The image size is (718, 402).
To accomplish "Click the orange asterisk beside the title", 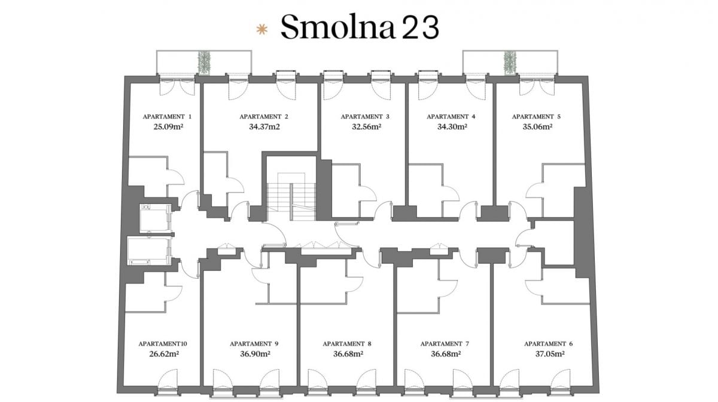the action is coord(262,29).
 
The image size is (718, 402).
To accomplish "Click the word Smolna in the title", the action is coord(337,27).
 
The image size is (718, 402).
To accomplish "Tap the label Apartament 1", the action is coord(167,117).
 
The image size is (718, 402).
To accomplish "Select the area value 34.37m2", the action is coord(264,127).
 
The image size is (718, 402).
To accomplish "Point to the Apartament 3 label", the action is coord(365,117).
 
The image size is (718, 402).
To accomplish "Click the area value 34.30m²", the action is coord(452,127).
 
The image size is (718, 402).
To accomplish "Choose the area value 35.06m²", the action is coord(537,127).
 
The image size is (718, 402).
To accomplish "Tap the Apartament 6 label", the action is coord(549,344).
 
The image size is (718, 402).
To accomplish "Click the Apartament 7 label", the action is coord(445,344).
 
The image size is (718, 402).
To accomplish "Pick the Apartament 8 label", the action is coord(347,344).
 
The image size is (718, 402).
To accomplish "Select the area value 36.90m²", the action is coord(255,354).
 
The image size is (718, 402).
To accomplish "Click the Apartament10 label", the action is coord(163,344).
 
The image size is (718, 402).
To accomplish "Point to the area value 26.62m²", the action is coord(164,354).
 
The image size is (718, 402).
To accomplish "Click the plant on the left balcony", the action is coord(204,63).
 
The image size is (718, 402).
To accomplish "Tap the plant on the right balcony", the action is coord(510,63).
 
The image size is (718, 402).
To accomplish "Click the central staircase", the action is coord(291,197).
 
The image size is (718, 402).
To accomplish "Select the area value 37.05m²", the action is coord(550,354).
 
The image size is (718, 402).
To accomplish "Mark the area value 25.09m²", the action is coord(168,127).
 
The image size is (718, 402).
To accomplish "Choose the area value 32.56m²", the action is coord(367,127).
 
